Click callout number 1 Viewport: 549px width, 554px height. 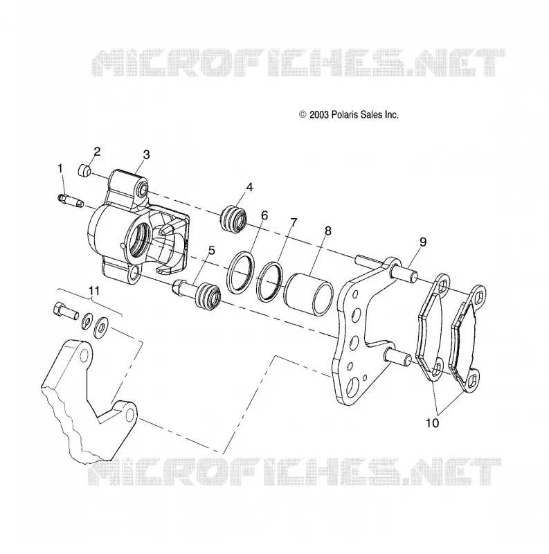click(60, 168)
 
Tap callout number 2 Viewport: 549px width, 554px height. click(97, 151)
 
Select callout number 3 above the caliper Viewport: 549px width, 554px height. click(146, 154)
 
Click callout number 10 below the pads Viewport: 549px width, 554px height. click(433, 422)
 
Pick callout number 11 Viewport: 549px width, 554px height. click(93, 290)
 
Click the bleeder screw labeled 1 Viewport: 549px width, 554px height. click(71, 202)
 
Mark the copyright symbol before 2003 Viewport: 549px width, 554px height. click(303, 114)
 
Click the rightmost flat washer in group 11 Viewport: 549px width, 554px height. click(102, 327)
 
